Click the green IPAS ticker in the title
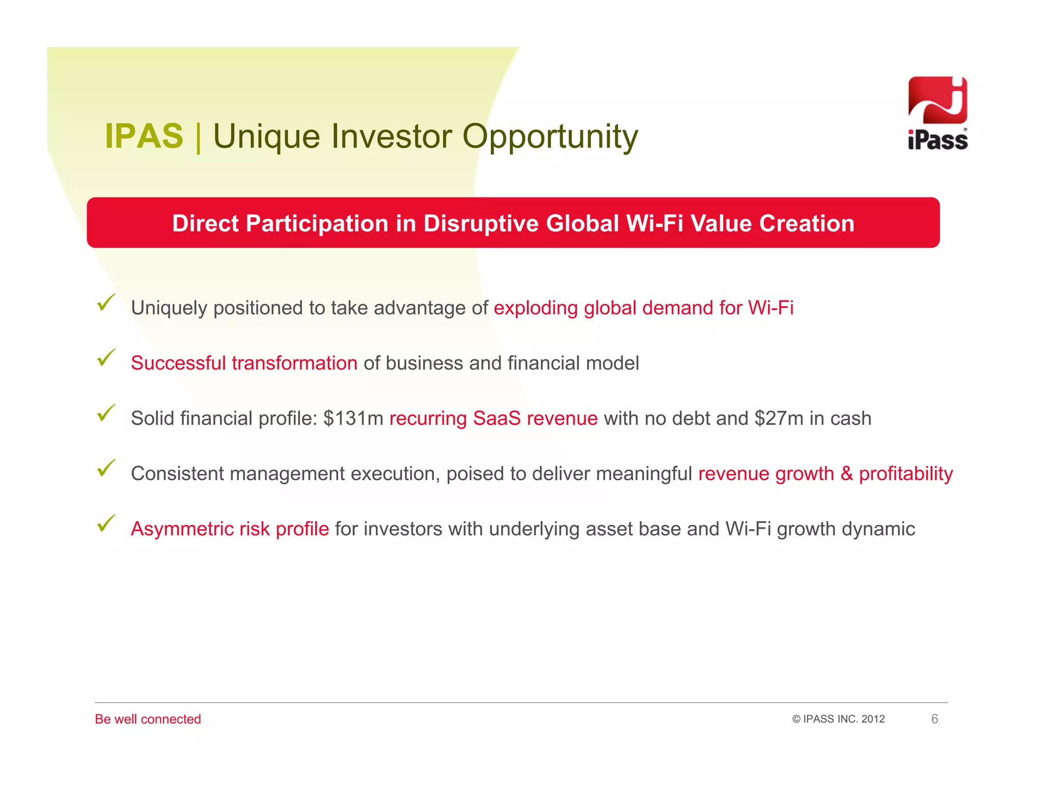tap(144, 136)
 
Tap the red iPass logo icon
tap(937, 100)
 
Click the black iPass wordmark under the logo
tap(937, 140)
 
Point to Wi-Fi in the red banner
tap(654, 224)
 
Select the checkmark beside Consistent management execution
tap(106, 468)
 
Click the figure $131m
tap(353, 418)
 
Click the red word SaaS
tap(497, 418)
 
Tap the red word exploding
tap(536, 308)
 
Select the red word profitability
tap(905, 474)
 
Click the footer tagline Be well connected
tap(148, 719)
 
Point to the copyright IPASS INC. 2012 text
tap(838, 719)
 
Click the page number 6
tap(935, 719)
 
